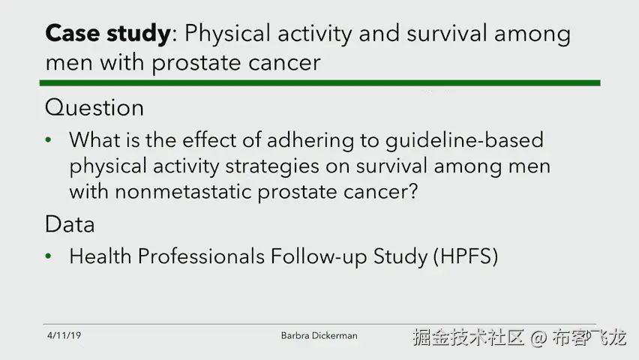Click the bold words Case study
(x=108, y=34)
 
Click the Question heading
(x=94, y=108)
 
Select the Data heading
(x=70, y=224)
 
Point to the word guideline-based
(x=464, y=141)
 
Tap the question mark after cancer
(x=412, y=190)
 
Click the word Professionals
(x=201, y=256)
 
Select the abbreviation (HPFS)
(x=466, y=256)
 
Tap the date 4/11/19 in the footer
(x=64, y=335)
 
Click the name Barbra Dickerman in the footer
(x=319, y=335)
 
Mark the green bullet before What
(x=49, y=140)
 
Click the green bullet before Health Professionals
(x=49, y=256)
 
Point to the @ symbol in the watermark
(x=538, y=338)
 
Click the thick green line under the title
(x=320, y=83)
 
